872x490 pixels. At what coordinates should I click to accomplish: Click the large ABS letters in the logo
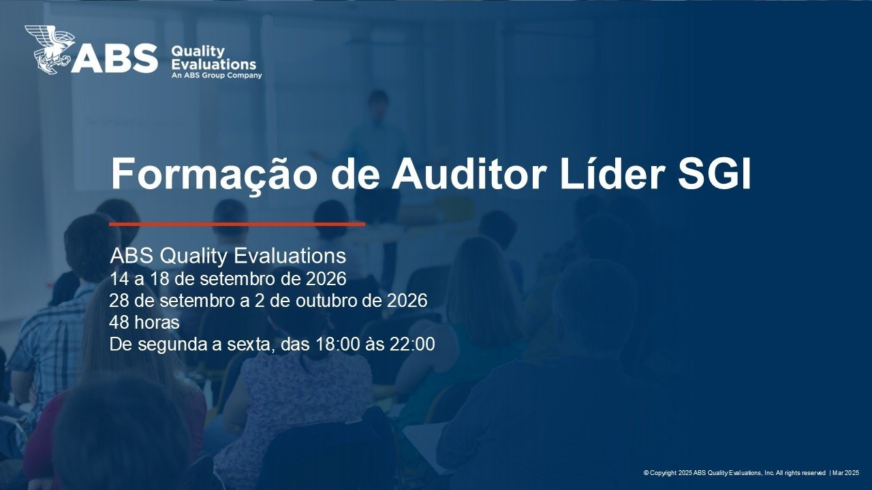tap(114, 59)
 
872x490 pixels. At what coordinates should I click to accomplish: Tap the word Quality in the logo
tap(198, 51)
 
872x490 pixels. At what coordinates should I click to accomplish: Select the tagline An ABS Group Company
tap(217, 75)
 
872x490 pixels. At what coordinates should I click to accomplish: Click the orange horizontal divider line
tap(237, 224)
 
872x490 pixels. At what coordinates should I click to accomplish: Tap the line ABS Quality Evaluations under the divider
tap(228, 257)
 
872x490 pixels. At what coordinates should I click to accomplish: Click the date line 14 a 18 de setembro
tap(228, 279)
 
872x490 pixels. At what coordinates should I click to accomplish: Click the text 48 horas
tap(144, 323)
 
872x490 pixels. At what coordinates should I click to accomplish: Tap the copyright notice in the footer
tap(734, 473)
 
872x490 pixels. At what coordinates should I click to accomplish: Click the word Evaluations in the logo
tap(214, 64)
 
